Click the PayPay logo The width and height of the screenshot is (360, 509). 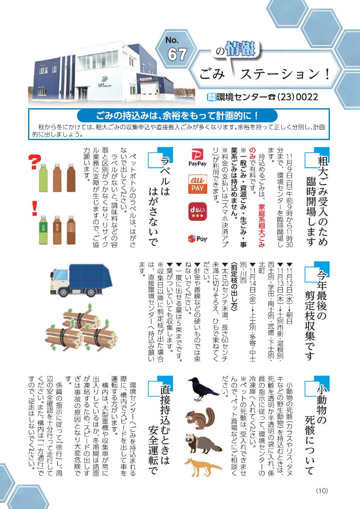(x=197, y=157)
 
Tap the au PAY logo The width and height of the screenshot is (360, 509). (x=198, y=184)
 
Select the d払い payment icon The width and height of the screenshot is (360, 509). (x=198, y=212)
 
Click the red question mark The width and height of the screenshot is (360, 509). (x=35, y=162)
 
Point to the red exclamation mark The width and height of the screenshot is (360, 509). (x=35, y=208)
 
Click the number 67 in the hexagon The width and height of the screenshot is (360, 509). (x=177, y=54)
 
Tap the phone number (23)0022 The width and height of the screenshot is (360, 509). (x=298, y=97)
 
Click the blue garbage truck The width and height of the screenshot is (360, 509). (x=81, y=281)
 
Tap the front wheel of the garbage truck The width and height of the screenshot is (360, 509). (x=63, y=293)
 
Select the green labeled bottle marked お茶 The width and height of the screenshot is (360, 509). (x=43, y=230)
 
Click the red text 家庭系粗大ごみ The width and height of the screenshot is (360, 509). (x=261, y=225)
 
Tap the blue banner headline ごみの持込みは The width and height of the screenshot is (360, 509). (x=177, y=116)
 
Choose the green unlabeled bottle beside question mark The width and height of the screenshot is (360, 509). (x=43, y=178)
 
